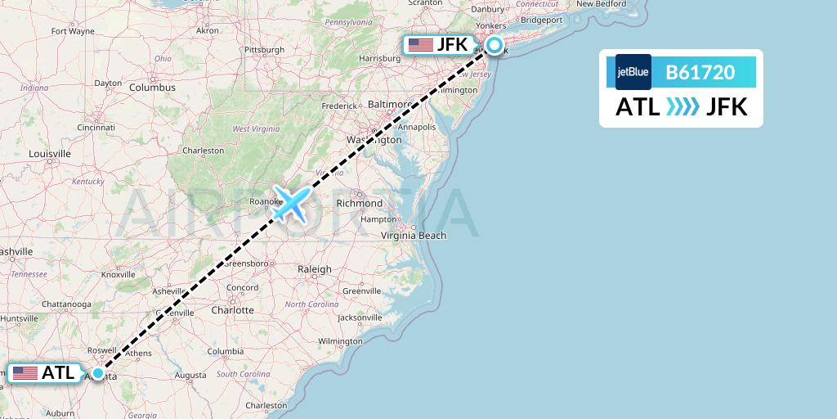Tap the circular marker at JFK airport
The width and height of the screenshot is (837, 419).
[x=495, y=45]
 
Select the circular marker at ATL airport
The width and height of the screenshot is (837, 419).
[x=98, y=373]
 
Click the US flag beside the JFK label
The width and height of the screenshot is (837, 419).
[x=421, y=45]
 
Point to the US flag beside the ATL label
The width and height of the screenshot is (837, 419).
[x=25, y=373]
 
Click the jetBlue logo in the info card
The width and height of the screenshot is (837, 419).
[x=633, y=72]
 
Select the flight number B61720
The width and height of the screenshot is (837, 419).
[x=700, y=72]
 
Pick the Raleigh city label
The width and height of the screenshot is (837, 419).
[x=315, y=268]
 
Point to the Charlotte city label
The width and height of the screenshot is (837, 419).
[x=232, y=310]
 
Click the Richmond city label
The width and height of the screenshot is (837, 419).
[x=359, y=203]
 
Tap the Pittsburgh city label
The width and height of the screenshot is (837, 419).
[x=263, y=49]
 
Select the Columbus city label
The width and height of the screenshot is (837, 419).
[x=152, y=87]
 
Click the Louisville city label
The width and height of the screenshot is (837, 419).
[x=50, y=154]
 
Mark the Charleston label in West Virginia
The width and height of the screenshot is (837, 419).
[x=203, y=151]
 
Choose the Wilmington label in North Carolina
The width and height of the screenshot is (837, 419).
[x=340, y=340]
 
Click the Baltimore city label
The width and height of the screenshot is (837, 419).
[x=389, y=105]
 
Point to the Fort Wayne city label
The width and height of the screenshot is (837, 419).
[x=73, y=31]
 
